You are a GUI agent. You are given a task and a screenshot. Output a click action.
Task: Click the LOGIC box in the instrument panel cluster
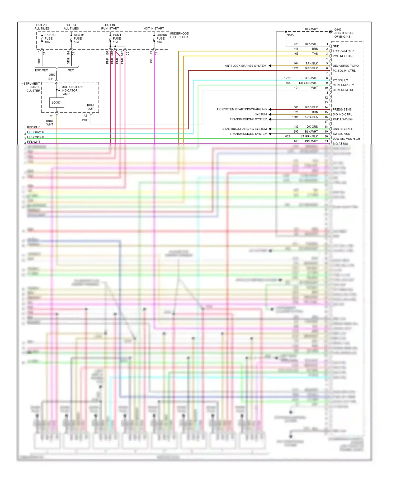pyautogui.click(x=56, y=102)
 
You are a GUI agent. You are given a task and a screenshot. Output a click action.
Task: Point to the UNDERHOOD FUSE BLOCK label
pyautogui.click(x=179, y=35)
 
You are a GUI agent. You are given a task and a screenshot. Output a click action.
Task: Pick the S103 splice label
pyautogui.click(x=290, y=35)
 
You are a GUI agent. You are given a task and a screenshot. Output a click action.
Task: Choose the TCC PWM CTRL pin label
pyautogui.click(x=344, y=51)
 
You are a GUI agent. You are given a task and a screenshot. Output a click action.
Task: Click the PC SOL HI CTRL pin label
pyautogui.click(x=344, y=71)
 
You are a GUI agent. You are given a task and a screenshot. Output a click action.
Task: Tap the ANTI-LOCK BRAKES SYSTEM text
pyautogui.click(x=245, y=66)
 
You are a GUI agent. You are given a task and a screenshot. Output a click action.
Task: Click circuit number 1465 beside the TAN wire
pyautogui.click(x=295, y=54)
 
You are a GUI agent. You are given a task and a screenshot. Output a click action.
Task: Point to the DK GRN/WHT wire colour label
pyautogui.click(x=308, y=83)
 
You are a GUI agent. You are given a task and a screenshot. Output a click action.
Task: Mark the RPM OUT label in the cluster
pyautogui.click(x=90, y=107)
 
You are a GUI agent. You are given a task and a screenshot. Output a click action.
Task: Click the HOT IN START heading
pyautogui.click(x=154, y=28)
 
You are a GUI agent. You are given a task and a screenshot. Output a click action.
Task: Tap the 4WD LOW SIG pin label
pyautogui.click(x=342, y=119)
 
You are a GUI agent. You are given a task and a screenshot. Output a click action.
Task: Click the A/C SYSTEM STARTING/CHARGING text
pyautogui.click(x=242, y=109)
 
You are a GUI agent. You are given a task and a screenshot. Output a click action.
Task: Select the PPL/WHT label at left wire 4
pyautogui.click(x=34, y=142)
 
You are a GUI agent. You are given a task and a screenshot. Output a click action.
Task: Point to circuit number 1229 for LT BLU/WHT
pyautogui.click(x=287, y=78)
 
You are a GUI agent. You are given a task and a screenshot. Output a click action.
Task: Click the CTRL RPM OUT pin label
pyautogui.click(x=343, y=90)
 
